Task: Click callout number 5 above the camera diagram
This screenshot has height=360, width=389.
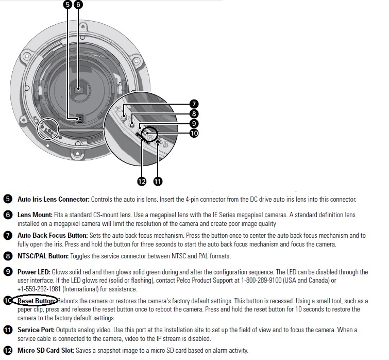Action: click(x=66, y=5)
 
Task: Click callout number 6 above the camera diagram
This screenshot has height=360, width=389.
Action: click(x=78, y=5)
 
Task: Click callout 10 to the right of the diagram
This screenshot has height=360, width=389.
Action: click(x=194, y=133)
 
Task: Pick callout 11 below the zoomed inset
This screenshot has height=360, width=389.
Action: click(x=158, y=181)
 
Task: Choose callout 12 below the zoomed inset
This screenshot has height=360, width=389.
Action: click(x=141, y=181)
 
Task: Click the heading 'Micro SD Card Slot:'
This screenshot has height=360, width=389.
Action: click(x=46, y=350)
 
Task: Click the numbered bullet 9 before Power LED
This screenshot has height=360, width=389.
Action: click(x=8, y=272)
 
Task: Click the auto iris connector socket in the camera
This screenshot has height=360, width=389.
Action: click(x=79, y=119)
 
